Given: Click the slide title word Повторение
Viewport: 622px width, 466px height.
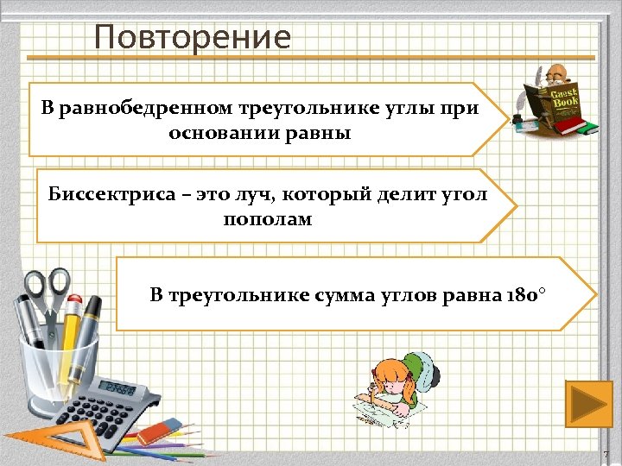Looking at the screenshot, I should click(x=193, y=37).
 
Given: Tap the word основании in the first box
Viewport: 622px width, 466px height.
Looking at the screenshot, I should click(x=213, y=134).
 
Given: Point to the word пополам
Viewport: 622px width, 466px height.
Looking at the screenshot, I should click(x=268, y=219).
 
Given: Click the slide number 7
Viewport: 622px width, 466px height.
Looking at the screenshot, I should click(x=606, y=454).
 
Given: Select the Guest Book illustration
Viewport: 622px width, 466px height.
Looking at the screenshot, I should click(x=553, y=101).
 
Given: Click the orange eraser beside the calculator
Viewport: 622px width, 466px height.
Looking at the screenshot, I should click(x=161, y=428).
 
